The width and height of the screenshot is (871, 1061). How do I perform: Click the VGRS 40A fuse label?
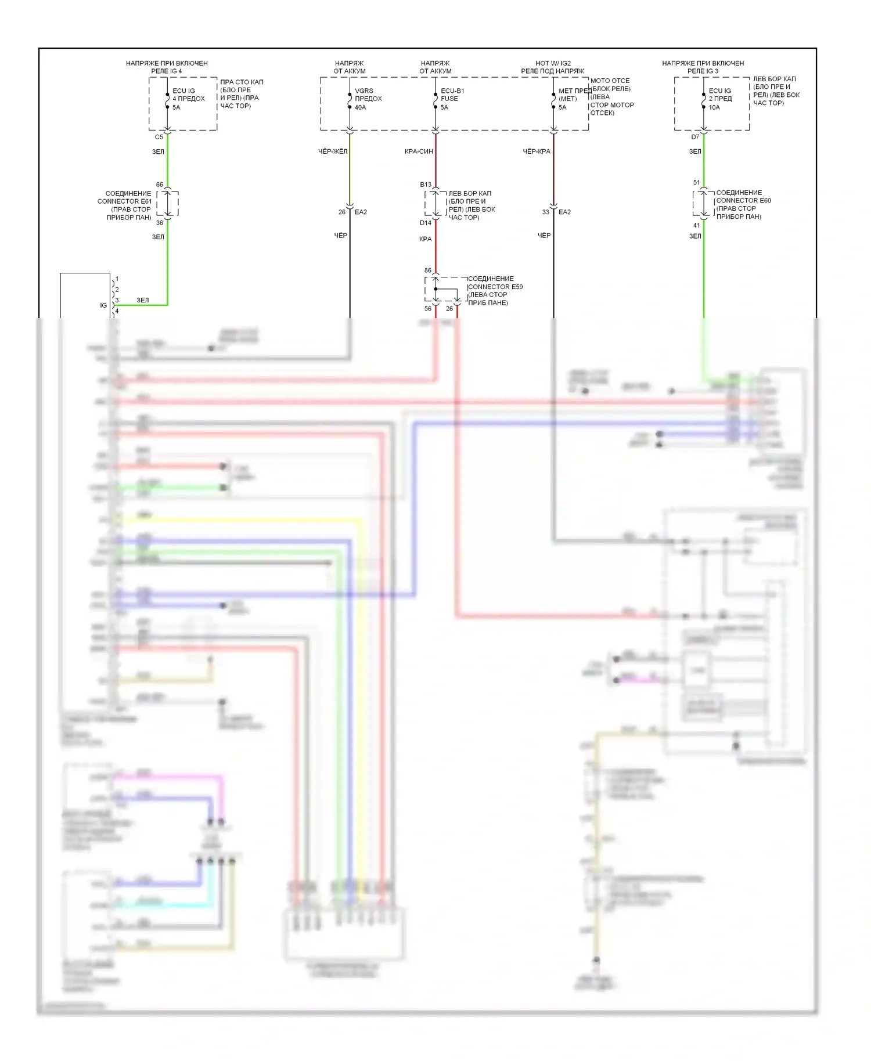368,99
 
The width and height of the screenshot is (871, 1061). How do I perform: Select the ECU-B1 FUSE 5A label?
452,99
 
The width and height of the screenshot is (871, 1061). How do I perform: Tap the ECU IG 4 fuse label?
188,99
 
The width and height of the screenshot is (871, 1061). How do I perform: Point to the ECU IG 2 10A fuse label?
720,99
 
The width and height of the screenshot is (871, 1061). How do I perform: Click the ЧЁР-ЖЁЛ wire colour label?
333,151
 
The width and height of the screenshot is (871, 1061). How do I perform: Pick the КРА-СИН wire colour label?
419,151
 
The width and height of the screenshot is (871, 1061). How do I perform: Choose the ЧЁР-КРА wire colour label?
537,151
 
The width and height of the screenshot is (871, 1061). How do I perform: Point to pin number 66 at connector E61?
160,185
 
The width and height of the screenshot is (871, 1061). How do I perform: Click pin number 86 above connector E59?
428,270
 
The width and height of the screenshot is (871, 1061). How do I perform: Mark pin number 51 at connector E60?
697,182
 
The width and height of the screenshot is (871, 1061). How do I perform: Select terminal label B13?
426,185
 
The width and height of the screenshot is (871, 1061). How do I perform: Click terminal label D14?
426,223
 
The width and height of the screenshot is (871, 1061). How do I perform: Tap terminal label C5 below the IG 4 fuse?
159,138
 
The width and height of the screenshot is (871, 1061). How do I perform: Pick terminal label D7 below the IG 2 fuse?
695,138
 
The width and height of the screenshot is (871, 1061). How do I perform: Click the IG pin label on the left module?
103,305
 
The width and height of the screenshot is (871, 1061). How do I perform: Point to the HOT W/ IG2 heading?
553,63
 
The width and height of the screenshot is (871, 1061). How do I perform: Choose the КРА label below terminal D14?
425,239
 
